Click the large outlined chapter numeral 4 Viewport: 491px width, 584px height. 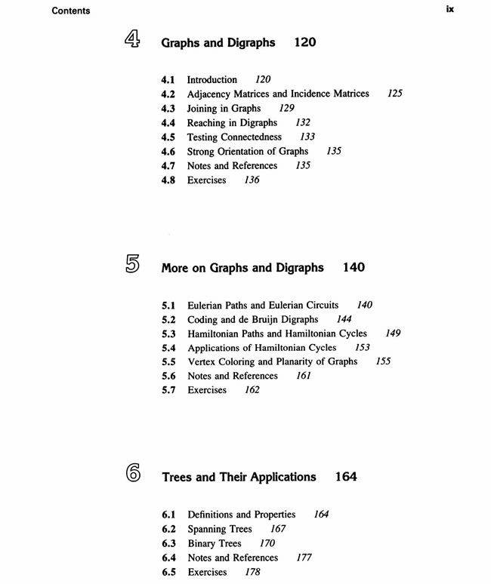(132, 40)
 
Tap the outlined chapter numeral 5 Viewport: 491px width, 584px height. (132, 264)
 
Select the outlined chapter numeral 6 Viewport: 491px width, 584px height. (133, 474)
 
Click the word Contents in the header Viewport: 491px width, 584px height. (71, 11)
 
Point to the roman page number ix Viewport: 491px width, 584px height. (450, 10)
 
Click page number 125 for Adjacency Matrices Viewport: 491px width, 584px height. (394, 94)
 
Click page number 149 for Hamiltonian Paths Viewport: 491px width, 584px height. (393, 333)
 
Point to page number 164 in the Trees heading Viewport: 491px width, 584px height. (345, 477)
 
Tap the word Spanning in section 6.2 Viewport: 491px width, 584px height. (209, 529)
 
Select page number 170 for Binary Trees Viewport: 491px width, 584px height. (267, 543)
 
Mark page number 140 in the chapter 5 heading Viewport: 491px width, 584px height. (354, 267)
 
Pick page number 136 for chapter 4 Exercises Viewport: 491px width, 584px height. (252, 180)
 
